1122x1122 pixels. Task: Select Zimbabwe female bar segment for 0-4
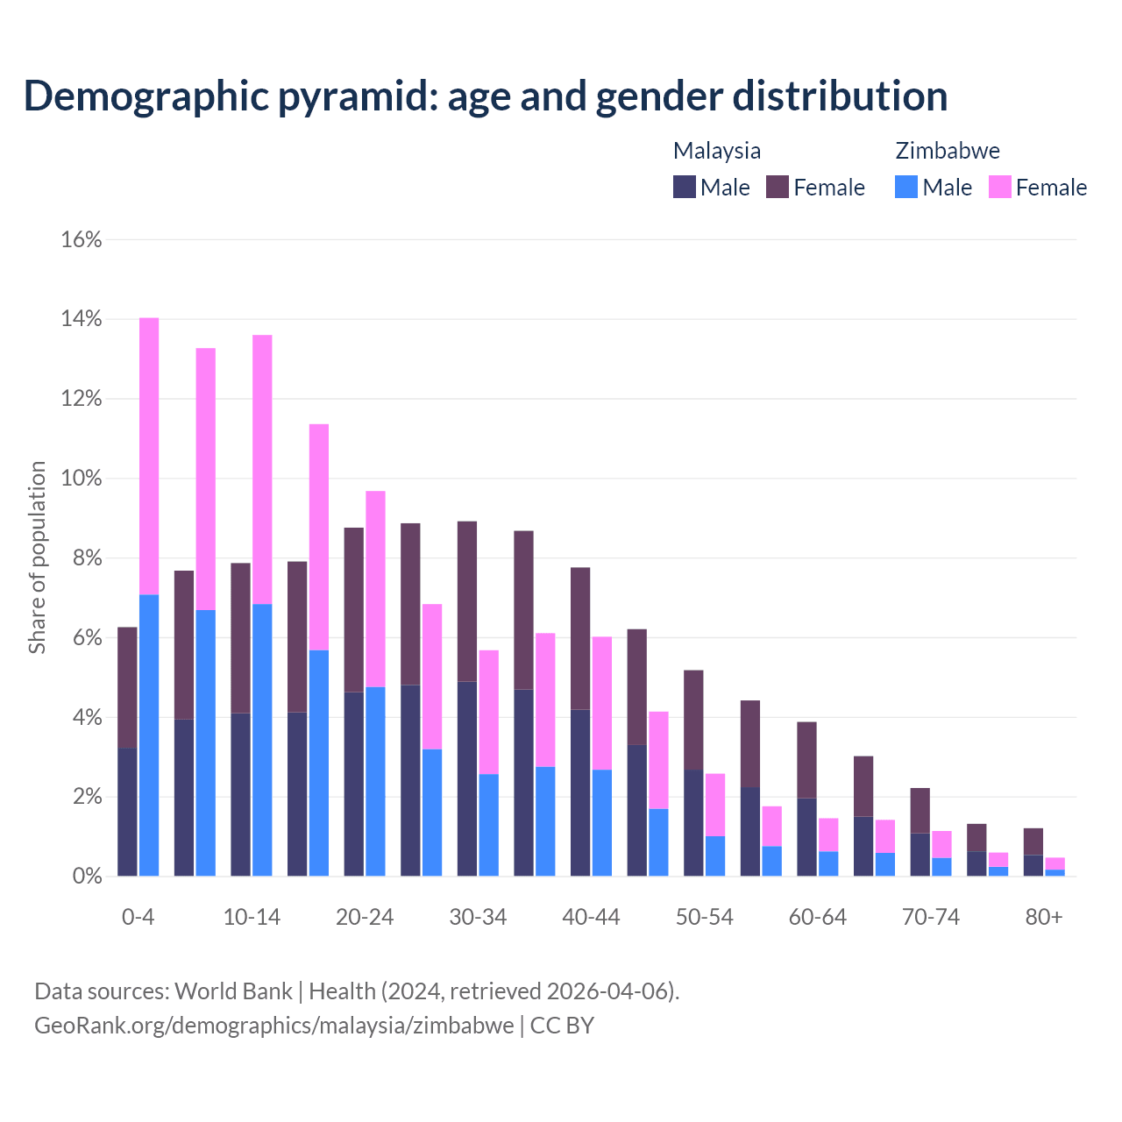[149, 456]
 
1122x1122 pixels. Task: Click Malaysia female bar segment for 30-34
[467, 601]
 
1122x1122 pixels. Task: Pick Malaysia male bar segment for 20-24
[354, 784]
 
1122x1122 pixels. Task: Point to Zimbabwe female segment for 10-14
[262, 469]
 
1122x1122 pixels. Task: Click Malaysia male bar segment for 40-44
[580, 792]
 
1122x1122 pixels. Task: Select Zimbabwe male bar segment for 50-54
[715, 856]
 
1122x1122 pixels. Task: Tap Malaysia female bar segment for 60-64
[806, 760]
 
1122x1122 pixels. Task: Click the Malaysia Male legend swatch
[685, 187]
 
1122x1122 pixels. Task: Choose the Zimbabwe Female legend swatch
[1000, 187]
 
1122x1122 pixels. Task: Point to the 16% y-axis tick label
[82, 239]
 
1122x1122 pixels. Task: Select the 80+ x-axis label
[1044, 917]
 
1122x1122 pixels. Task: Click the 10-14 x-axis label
[252, 917]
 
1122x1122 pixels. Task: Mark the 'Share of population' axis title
[37, 557]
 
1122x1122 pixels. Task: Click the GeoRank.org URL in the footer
[274, 1025]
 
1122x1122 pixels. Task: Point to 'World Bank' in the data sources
[233, 991]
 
